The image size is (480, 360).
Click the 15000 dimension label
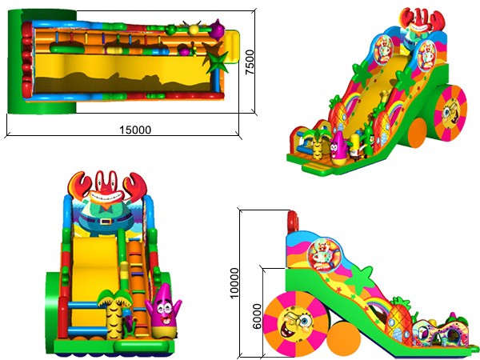[x=135, y=130]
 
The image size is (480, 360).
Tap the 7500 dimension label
[x=250, y=62]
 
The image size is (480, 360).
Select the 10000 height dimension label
[x=234, y=283]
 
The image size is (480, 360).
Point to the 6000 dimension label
[x=257, y=316]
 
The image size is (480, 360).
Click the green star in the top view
[x=218, y=62]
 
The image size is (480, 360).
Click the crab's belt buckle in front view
[x=106, y=221]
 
